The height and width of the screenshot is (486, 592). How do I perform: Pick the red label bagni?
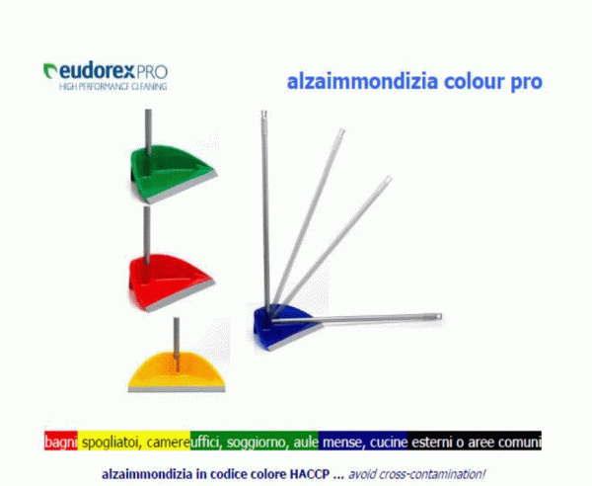[60, 443]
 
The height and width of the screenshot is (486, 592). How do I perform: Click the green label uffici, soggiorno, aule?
[255, 443]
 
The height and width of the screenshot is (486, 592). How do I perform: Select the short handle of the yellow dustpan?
[176, 336]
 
